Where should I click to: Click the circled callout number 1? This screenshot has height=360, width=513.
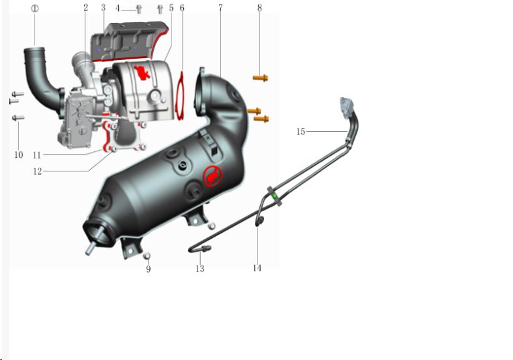(35, 8)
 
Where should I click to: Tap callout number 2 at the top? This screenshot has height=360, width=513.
(86, 8)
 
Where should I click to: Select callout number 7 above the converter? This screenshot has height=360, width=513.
(220, 8)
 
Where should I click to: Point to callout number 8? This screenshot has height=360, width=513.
(259, 8)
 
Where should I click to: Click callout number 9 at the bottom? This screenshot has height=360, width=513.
(148, 269)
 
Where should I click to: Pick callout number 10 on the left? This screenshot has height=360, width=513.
(19, 155)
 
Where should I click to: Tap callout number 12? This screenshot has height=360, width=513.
(37, 171)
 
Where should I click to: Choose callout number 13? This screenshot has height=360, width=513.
(200, 269)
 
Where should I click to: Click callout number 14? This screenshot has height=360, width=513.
(257, 268)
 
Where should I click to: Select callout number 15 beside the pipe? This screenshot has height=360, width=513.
(300, 132)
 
